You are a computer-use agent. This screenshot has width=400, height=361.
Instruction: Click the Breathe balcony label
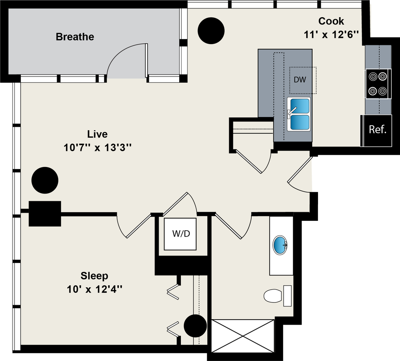(75, 37)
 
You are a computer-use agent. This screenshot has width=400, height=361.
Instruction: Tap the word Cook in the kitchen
(331, 21)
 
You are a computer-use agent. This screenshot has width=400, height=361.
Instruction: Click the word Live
(97, 134)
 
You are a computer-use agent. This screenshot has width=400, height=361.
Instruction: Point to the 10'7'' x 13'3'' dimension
(97, 148)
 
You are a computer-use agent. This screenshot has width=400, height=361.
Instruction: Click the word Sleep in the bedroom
(94, 276)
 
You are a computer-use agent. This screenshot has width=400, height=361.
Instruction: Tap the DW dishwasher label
(300, 80)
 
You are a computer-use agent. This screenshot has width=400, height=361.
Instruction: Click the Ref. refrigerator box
(377, 130)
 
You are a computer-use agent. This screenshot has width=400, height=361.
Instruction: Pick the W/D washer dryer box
(180, 234)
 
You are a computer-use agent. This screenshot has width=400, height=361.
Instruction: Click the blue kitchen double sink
(299, 114)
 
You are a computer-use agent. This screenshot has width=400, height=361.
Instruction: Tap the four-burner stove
(378, 84)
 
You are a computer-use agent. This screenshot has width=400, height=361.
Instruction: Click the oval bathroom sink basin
(280, 245)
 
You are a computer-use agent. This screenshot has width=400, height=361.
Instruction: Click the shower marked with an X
(243, 335)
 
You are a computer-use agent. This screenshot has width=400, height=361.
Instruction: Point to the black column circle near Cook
(211, 31)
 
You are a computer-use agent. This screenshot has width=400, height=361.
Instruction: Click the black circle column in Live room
(45, 180)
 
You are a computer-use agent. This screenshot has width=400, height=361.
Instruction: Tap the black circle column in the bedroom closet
(195, 326)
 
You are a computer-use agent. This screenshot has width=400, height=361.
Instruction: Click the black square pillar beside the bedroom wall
(45, 213)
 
